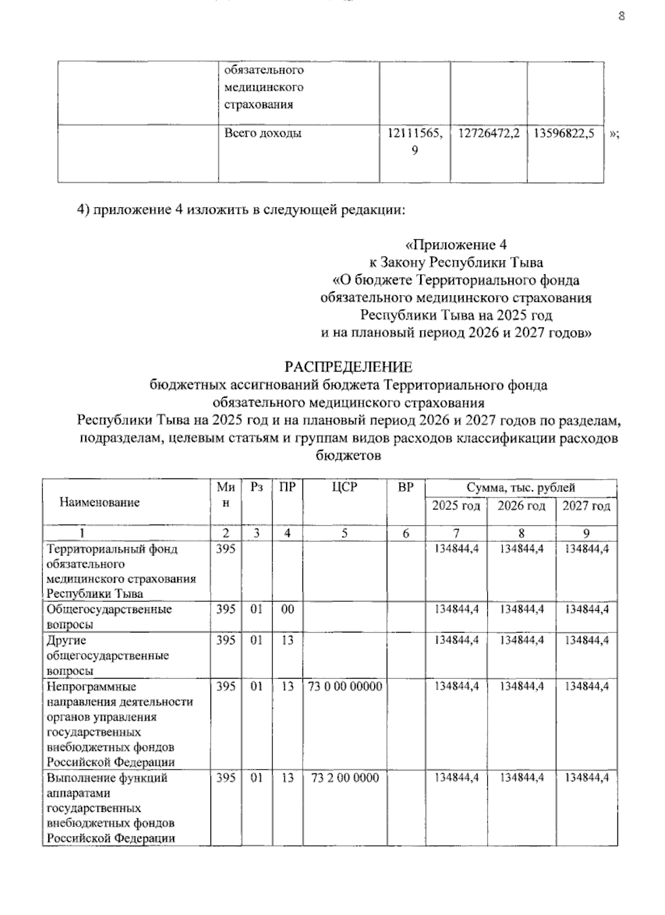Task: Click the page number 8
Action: click(x=621, y=16)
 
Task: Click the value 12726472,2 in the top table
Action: click(x=489, y=133)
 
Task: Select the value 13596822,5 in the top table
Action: click(x=564, y=133)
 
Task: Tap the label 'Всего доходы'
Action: click(x=263, y=133)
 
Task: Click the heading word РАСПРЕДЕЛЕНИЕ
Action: click(x=348, y=367)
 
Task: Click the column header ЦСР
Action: click(x=345, y=487)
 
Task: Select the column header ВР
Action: click(x=406, y=487)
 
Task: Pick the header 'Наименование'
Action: click(x=100, y=502)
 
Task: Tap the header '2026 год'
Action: click(x=521, y=506)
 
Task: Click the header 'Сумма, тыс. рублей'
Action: click(x=520, y=487)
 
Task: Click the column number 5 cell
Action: click(x=345, y=533)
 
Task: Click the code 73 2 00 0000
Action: click(x=345, y=778)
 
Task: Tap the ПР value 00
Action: click(x=287, y=609)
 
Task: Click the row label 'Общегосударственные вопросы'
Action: click(x=109, y=616)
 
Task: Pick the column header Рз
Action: click(x=256, y=487)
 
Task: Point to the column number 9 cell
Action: click(x=586, y=533)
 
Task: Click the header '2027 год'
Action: click(x=586, y=506)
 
